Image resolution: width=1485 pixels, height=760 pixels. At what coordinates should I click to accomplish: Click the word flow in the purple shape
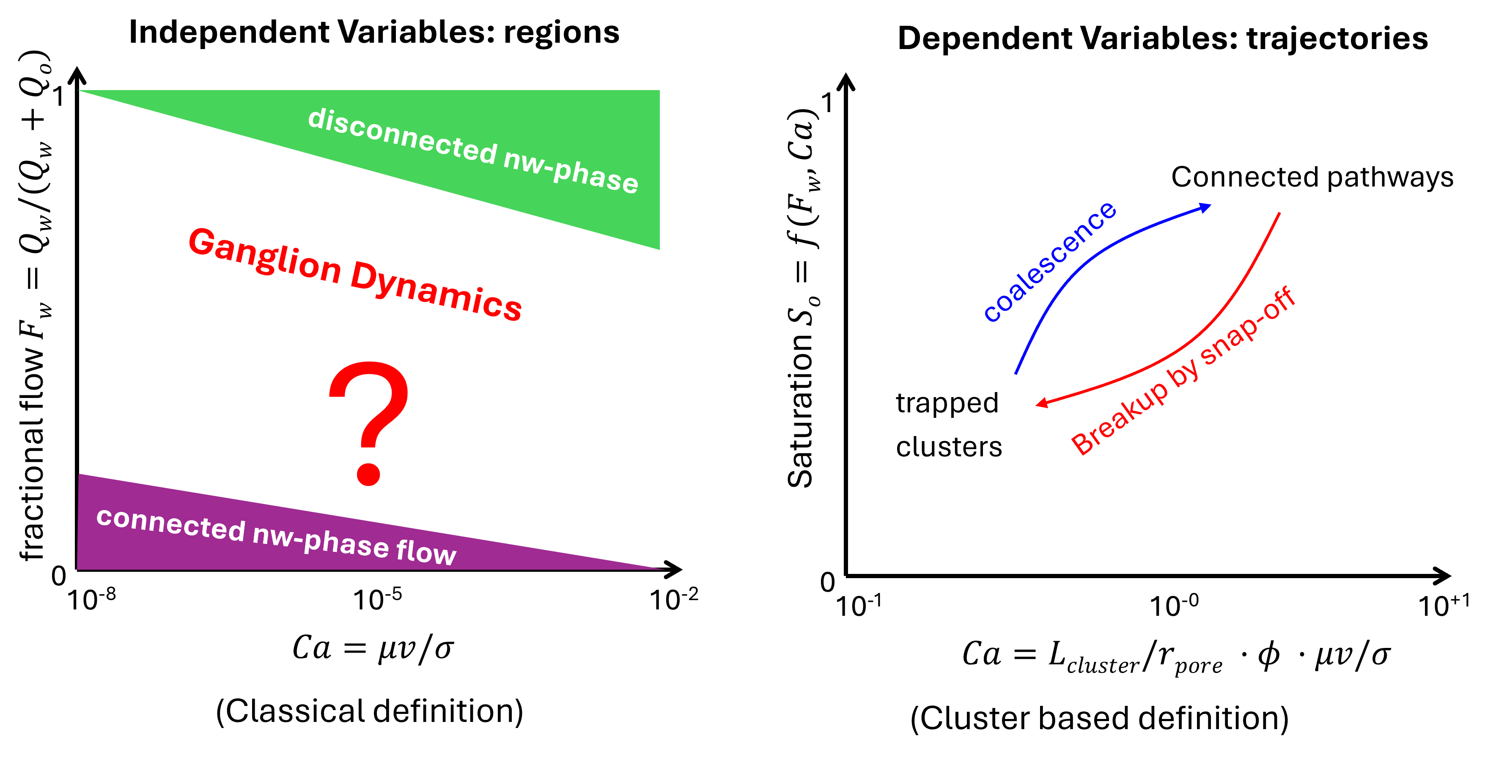point(426,552)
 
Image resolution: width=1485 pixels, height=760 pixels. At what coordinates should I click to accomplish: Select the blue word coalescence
point(1049,262)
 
